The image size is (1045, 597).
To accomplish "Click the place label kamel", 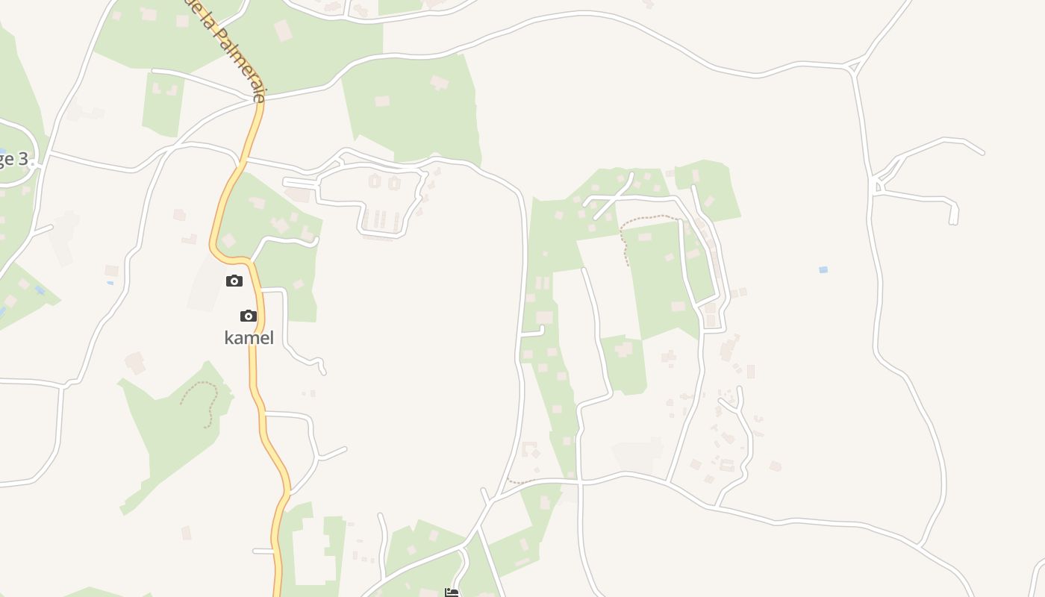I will point(249,338).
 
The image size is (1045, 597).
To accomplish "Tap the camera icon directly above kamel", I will point(249,316).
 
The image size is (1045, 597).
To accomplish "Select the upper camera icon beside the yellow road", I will point(234,281).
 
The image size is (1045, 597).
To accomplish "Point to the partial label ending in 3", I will point(13,159).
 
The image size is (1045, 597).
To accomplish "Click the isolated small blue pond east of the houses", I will point(823,269).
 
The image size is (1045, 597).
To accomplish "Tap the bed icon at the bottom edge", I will point(452,593).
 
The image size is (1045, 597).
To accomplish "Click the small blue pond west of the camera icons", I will point(110,283).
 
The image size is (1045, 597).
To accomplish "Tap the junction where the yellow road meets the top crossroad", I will point(260,99).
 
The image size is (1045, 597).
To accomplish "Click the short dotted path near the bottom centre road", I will point(520,482).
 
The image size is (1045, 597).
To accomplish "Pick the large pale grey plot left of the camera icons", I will point(203,284).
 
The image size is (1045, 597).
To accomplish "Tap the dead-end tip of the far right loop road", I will point(953,222).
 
